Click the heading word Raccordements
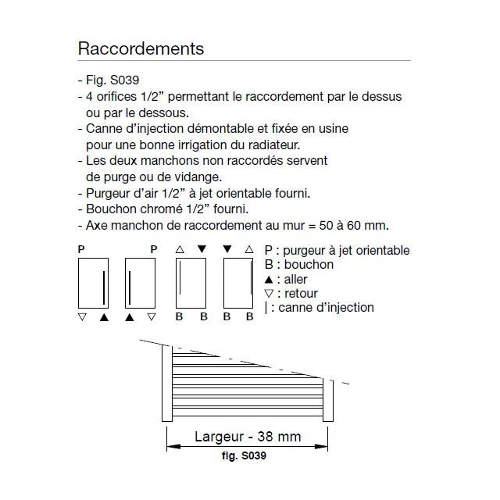point(141,48)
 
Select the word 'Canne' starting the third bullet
point(104,128)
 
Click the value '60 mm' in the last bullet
point(368,225)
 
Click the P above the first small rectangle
point(81,249)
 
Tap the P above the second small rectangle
point(153,249)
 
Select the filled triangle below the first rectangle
point(104,316)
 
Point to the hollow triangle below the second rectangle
point(152,316)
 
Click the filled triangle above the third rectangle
point(202,249)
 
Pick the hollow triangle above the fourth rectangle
point(249,249)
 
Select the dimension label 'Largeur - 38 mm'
point(247,436)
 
